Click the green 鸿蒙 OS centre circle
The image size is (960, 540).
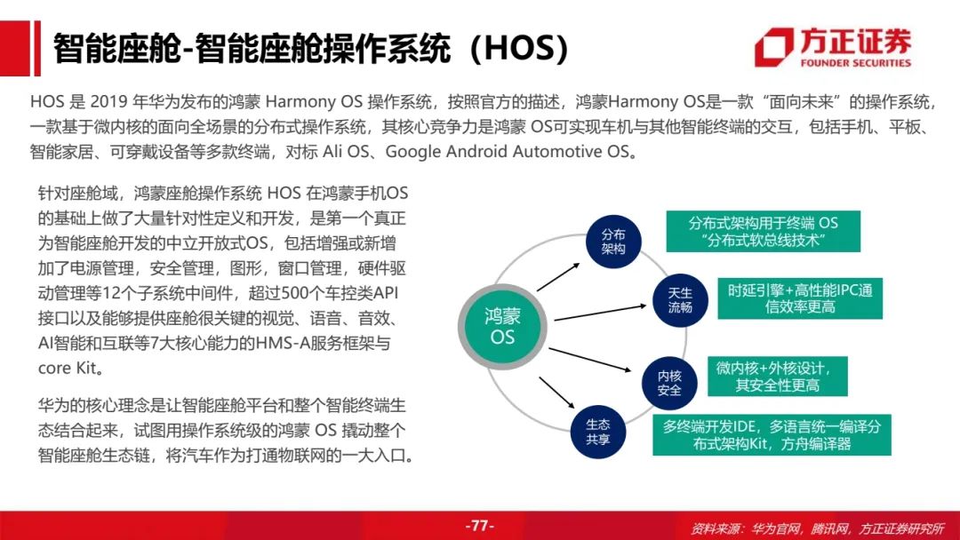pyautogui.click(x=502, y=327)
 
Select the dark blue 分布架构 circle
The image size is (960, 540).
pyautogui.click(x=612, y=242)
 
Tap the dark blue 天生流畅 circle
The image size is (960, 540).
pyautogui.click(x=680, y=300)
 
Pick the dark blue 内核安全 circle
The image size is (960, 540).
pyautogui.click(x=669, y=382)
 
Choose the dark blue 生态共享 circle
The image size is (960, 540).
pyautogui.click(x=597, y=432)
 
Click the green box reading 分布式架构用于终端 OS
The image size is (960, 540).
pyautogui.click(x=763, y=231)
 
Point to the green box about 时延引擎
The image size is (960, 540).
pyautogui.click(x=800, y=298)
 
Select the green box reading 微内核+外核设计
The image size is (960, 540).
pyautogui.click(x=778, y=376)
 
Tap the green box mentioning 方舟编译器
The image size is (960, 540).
pyautogui.click(x=772, y=435)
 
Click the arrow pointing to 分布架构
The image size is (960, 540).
pyautogui.click(x=558, y=277)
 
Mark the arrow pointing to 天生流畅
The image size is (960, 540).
pyautogui.click(x=601, y=312)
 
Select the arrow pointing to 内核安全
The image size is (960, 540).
pyautogui.click(x=589, y=360)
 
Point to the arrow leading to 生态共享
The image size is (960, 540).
pyautogui.click(x=556, y=393)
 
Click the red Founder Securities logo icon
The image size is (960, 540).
pyautogui.click(x=774, y=46)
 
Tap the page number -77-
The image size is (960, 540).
pyautogui.click(x=479, y=526)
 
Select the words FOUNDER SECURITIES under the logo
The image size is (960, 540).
pyautogui.click(x=855, y=62)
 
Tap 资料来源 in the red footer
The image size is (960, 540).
pyautogui.click(x=713, y=528)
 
